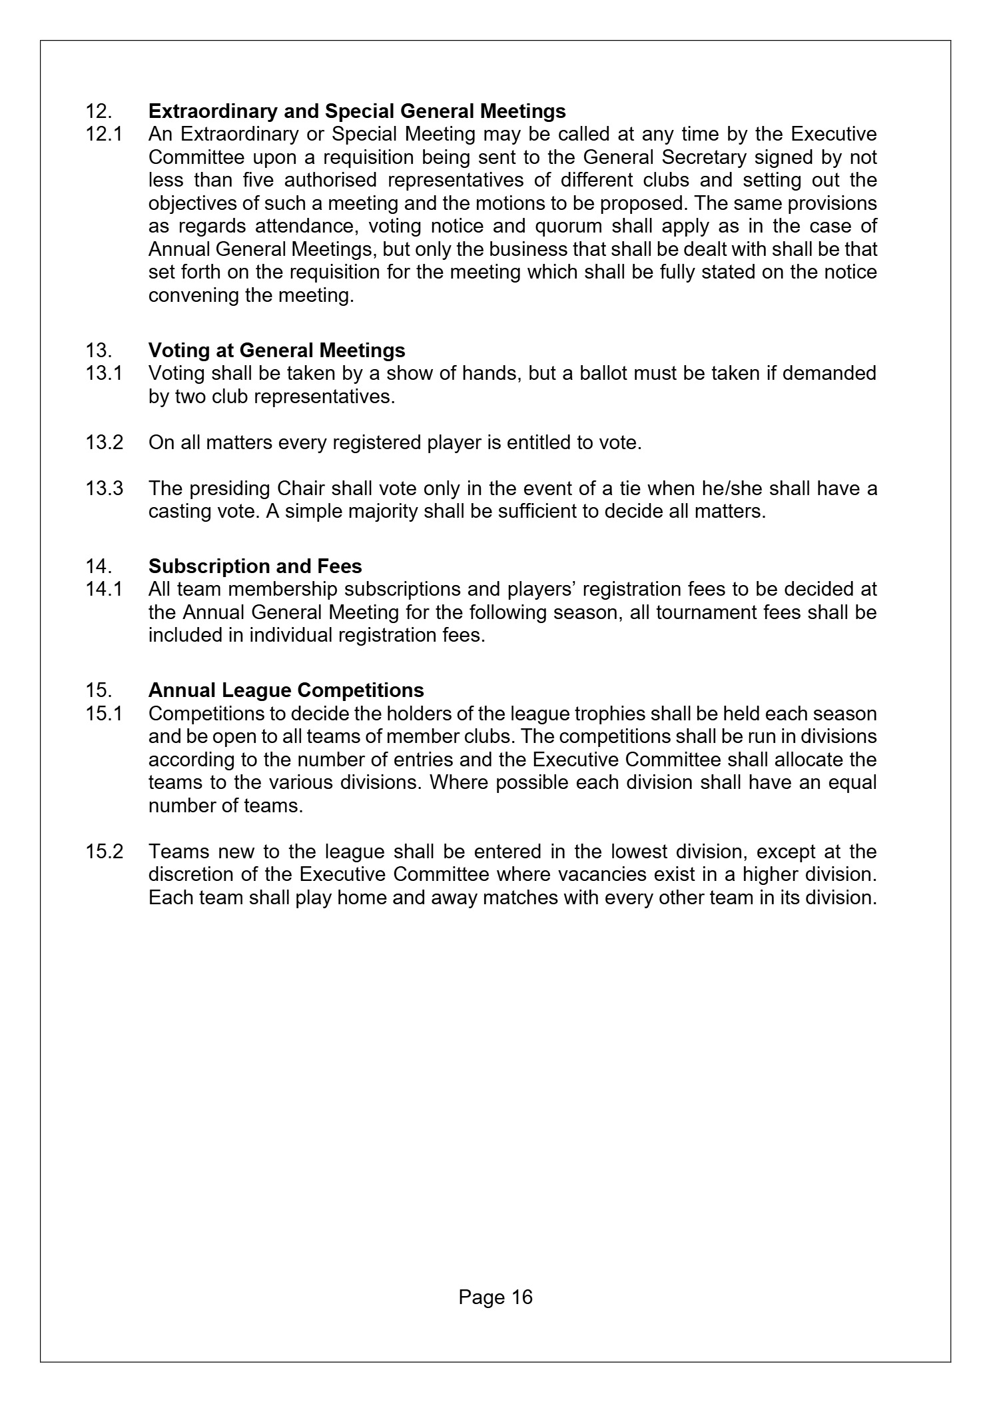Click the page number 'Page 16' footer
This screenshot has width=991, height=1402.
click(495, 1297)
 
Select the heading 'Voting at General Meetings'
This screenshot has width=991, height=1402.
click(276, 350)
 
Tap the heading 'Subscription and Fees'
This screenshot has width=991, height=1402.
click(255, 566)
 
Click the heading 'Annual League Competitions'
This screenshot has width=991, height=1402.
click(286, 690)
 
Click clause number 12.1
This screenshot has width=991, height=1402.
click(104, 134)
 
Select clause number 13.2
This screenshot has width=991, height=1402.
click(104, 442)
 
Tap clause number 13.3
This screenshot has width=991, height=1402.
click(104, 488)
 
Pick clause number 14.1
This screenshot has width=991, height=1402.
click(104, 589)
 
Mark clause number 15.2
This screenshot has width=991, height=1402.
click(104, 852)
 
